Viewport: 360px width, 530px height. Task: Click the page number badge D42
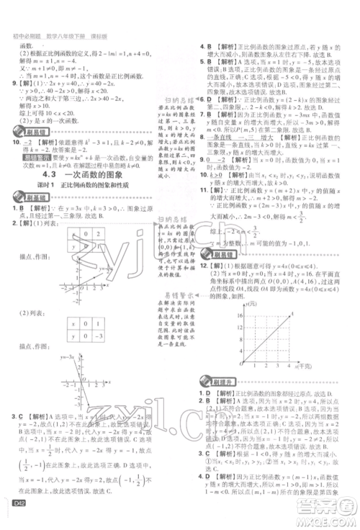click(x=18, y=512)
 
